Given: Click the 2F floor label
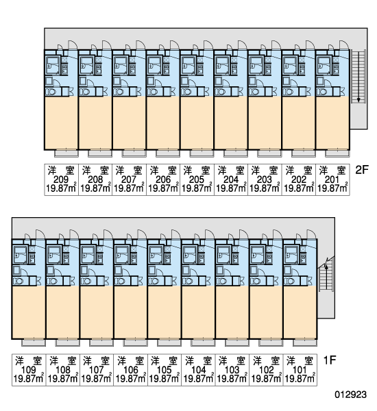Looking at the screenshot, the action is (362, 170).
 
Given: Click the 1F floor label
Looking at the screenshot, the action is (330, 360).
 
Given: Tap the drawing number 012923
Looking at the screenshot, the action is (350, 395).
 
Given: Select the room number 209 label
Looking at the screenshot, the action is (61, 179).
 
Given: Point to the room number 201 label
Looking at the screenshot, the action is (332, 179).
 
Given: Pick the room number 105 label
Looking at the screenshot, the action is (165, 370).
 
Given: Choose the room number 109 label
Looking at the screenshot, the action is (29, 370).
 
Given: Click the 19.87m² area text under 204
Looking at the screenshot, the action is (231, 188).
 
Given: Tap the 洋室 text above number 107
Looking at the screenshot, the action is (96, 361).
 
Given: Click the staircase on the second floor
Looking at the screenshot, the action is (358, 77).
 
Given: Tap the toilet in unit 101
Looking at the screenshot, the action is (289, 282).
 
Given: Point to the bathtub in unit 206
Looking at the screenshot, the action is (153, 66).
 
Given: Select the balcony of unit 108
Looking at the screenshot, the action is (68, 342).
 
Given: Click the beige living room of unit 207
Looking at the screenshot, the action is (129, 123).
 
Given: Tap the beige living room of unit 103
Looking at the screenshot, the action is (232, 312).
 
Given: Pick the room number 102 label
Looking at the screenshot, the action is (266, 370).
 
